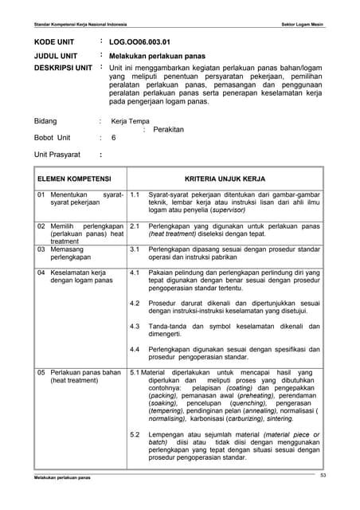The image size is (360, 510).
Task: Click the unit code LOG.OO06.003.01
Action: pyautogui.click(x=139, y=41)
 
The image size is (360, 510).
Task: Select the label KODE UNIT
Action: pyautogui.click(x=54, y=41)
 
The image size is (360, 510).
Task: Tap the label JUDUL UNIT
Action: pyautogui.click(x=55, y=56)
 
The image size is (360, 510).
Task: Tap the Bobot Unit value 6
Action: pyautogui.click(x=114, y=138)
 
